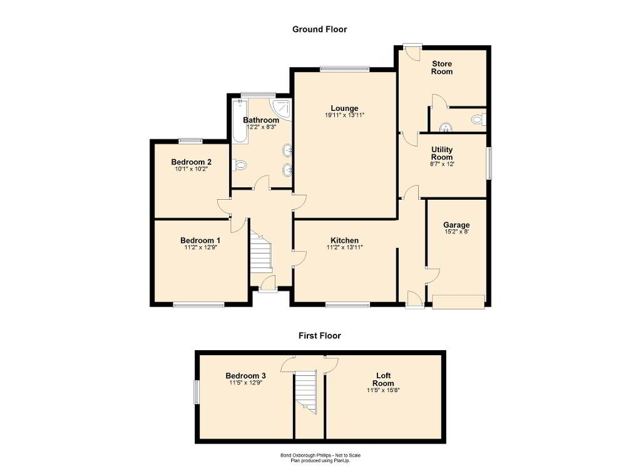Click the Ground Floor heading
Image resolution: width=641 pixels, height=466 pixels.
320,29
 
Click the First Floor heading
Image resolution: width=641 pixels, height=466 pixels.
320,336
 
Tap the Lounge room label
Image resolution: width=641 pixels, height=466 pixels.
345,108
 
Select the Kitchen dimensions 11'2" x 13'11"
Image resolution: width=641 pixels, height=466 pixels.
345,247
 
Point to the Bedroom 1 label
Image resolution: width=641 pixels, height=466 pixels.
200,240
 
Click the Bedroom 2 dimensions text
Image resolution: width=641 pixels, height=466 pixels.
192,168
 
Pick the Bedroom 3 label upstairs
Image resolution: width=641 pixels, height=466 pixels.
245,376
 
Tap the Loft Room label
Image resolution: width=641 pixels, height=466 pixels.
384,380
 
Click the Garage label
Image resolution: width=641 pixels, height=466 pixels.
456,225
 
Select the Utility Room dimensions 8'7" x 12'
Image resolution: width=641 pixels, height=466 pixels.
442,164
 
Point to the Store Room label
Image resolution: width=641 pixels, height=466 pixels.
442,68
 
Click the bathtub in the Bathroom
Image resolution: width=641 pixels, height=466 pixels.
240,121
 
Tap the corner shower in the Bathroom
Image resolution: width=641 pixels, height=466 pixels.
281,109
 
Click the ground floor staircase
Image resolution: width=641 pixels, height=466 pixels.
261,252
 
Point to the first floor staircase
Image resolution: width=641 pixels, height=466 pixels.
306,392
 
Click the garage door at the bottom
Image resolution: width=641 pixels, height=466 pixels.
459,301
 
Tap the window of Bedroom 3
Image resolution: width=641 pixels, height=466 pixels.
196,392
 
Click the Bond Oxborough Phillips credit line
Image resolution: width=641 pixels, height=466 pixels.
320,455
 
